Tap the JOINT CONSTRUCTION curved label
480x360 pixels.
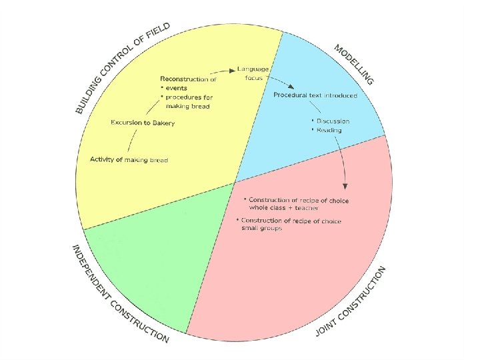[x=351, y=301]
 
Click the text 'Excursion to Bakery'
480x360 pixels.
[x=143, y=123]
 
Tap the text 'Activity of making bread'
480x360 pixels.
[x=129, y=160]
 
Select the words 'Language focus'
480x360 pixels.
[x=253, y=73]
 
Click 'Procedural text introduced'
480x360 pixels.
[x=315, y=95]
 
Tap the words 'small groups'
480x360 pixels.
[x=262, y=228]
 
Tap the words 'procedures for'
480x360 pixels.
[x=189, y=97]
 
